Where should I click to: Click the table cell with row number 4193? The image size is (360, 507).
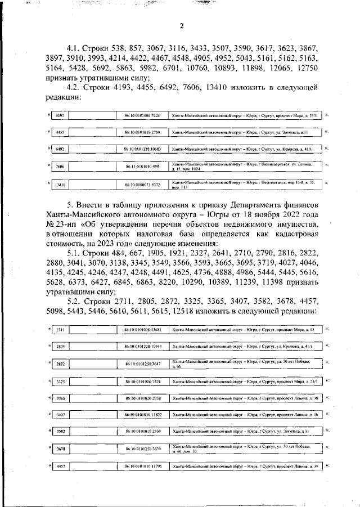pyautogui.click(x=60, y=116)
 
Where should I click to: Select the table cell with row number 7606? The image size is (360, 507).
pyautogui.click(x=60, y=167)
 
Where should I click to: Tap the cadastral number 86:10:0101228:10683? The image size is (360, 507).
pyautogui.click(x=143, y=149)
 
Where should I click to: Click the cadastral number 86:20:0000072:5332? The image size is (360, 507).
pyautogui.click(x=143, y=184)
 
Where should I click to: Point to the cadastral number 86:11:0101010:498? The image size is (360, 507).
pyautogui.click(x=143, y=167)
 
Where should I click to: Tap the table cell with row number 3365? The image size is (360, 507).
pyautogui.click(x=60, y=398)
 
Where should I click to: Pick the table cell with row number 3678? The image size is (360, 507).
pyautogui.click(x=60, y=449)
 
